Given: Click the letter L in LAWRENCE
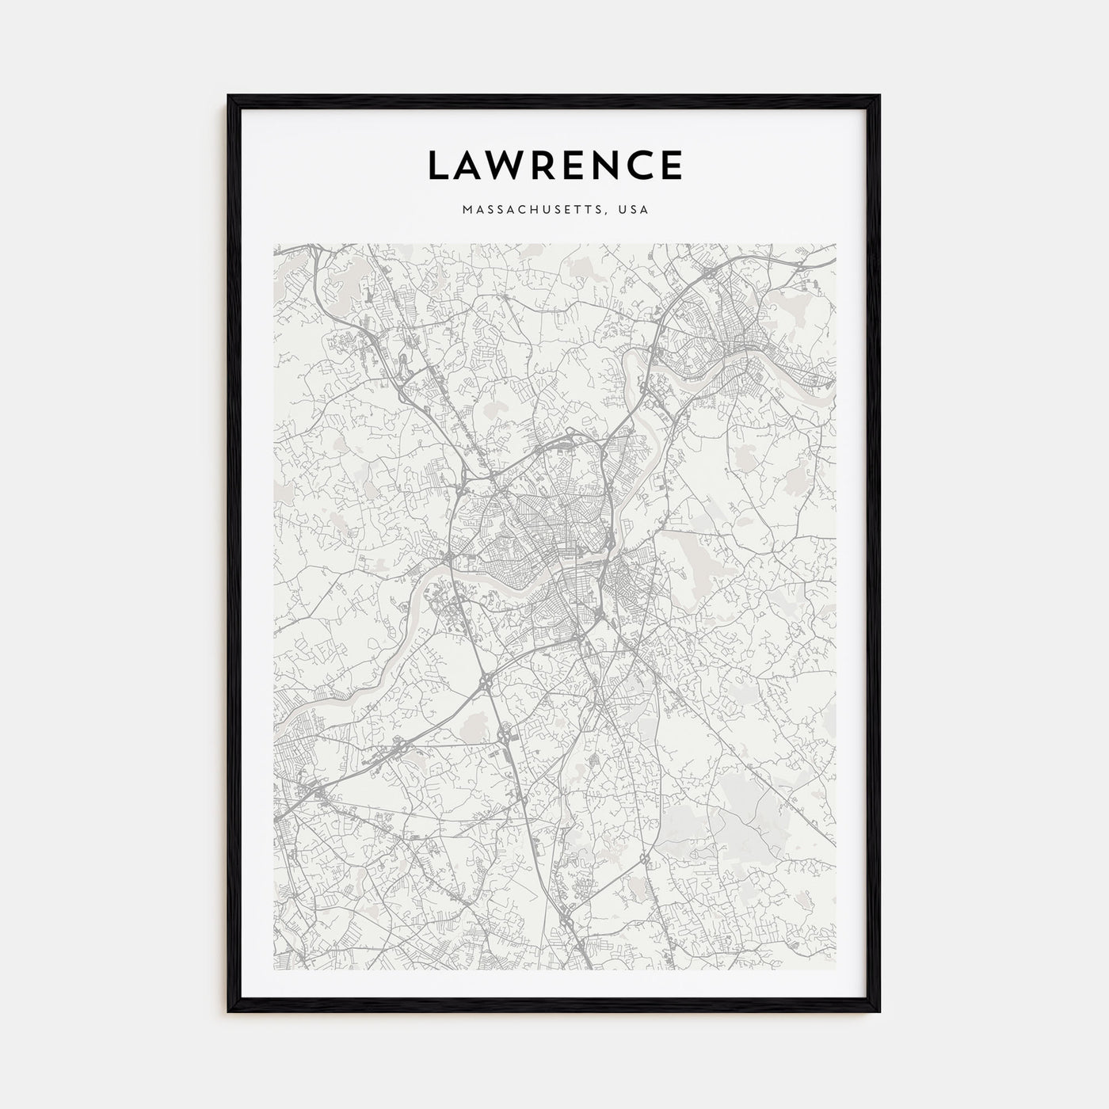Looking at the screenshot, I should pos(438,165).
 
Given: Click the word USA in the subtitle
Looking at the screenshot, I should pos(635,210).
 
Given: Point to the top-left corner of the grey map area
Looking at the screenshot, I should pos(273,244).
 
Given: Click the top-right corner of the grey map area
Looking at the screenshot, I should pos(836,244).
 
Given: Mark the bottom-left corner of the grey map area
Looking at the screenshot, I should pos(273,970).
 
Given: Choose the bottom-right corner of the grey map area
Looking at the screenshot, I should pos(836,970).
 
